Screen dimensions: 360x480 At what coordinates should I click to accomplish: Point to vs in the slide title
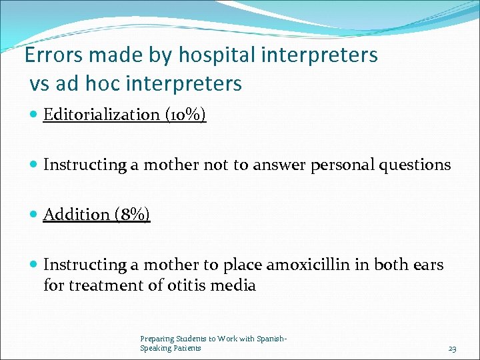point(39,84)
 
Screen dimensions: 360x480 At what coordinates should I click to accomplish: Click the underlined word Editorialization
point(101,115)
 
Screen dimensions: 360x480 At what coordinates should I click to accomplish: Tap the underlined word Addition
point(76,215)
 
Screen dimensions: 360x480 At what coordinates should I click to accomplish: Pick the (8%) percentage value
point(132,215)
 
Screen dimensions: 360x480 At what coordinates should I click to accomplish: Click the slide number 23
point(452,349)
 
